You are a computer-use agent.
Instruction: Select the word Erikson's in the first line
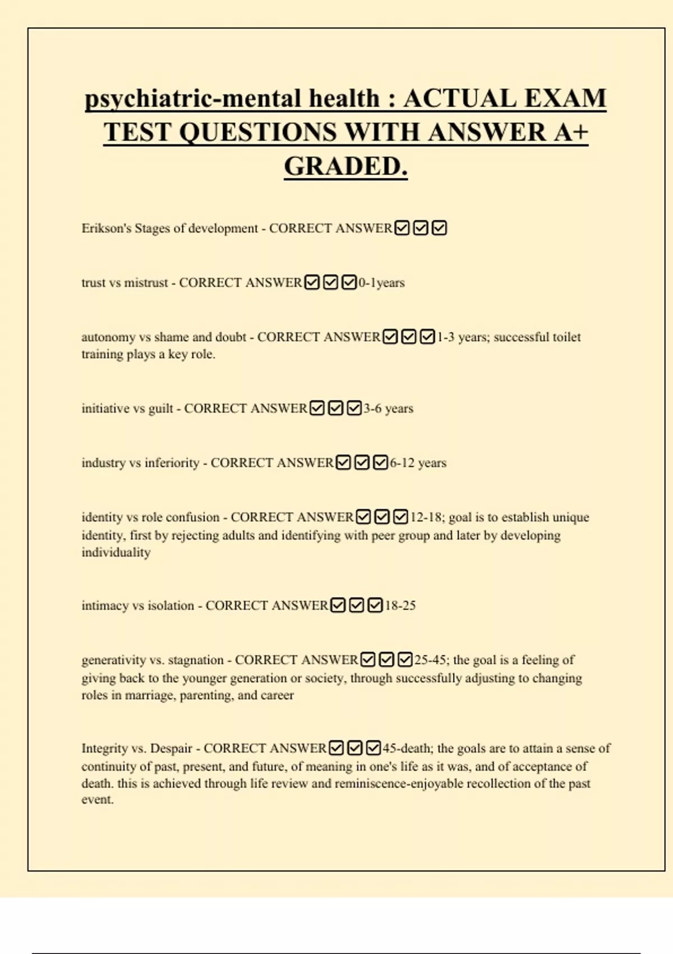tap(106, 228)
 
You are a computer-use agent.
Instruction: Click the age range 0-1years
tap(381, 283)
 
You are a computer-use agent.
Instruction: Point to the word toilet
tap(566, 337)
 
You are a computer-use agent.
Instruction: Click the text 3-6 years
tap(388, 409)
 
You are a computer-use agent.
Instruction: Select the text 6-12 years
tap(418, 463)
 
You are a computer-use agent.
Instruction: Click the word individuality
tap(116, 553)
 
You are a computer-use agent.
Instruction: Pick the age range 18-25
tap(400, 606)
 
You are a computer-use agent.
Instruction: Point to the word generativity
tap(113, 660)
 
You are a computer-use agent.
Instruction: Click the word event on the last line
tap(97, 800)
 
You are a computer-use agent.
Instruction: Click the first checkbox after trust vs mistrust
tap(312, 282)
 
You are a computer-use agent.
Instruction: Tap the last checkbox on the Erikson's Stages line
tap(439, 228)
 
